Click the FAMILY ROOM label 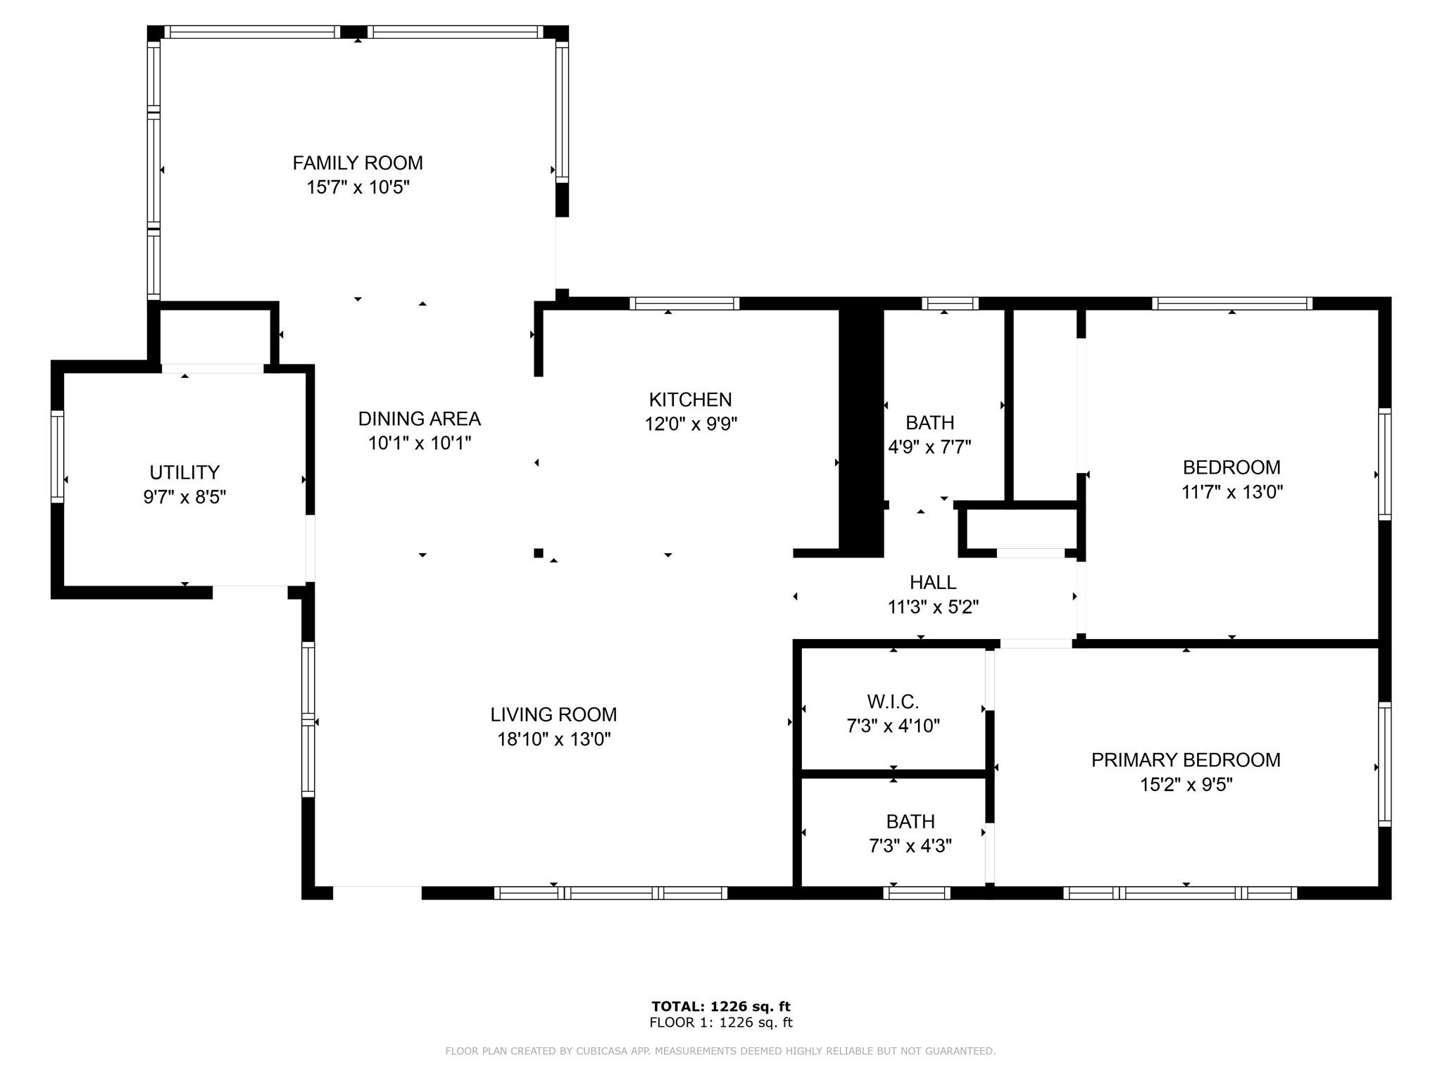(x=358, y=163)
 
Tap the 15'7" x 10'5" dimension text (x=358, y=188)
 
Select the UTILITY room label (x=184, y=472)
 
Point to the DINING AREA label (x=419, y=419)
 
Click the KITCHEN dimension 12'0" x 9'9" (x=691, y=424)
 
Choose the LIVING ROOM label (x=553, y=714)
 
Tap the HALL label (x=932, y=582)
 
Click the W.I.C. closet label (x=893, y=702)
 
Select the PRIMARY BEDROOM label (x=1186, y=760)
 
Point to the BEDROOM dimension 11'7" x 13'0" (x=1231, y=492)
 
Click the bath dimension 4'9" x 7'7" (x=929, y=448)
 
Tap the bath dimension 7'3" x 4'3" (x=910, y=846)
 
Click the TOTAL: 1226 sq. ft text (x=721, y=1006)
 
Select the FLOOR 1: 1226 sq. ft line (x=721, y=1023)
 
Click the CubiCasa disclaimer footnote (x=720, y=1051)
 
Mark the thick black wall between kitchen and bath (x=860, y=429)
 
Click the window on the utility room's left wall (x=58, y=456)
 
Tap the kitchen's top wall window (x=684, y=303)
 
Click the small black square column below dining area (x=539, y=553)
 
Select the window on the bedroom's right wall (x=1384, y=464)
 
